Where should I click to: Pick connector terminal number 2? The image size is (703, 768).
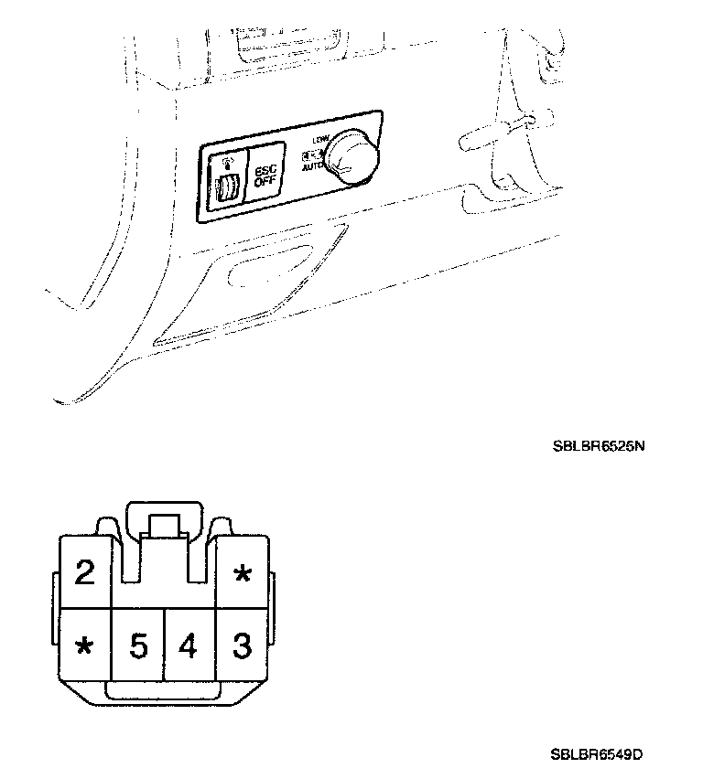point(84,573)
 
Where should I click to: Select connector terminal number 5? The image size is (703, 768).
point(138,646)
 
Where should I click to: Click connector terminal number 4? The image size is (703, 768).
point(189,646)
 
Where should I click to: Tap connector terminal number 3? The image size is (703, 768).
point(242,646)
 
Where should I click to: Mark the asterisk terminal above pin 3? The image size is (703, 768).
point(242,575)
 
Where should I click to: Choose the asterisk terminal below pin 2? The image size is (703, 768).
point(84,647)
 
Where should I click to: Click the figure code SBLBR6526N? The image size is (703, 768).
point(594,448)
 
